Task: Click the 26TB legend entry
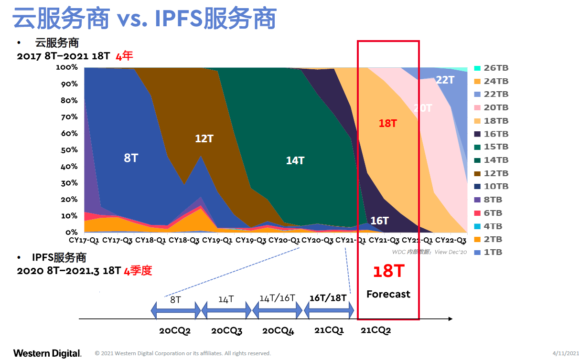492,68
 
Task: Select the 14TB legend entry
492,160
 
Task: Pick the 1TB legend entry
488,252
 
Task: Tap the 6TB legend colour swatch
477,213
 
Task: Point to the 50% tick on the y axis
69,150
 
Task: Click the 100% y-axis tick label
67,67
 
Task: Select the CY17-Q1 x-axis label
84,241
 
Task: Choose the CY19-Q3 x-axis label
251,241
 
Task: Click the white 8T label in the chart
131,158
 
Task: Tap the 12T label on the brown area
204,138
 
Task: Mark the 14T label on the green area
295,160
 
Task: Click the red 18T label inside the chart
388,123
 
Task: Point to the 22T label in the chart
445,80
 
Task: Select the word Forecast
388,294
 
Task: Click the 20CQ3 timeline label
227,330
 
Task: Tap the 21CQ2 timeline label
376,330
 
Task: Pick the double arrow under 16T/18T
329,310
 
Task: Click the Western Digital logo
47,353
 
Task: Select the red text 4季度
138,271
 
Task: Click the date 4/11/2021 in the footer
566,353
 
